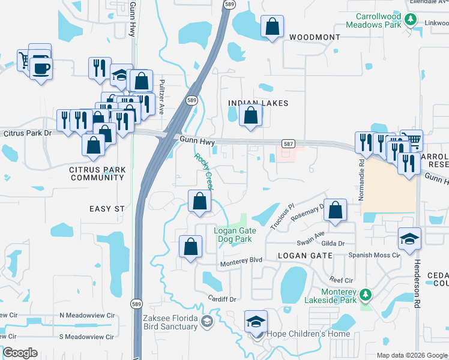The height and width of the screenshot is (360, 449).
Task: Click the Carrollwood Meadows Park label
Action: click(x=376, y=20)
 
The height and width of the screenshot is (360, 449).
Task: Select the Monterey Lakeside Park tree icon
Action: click(x=364, y=295)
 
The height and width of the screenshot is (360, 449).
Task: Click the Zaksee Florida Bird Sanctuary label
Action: click(x=170, y=322)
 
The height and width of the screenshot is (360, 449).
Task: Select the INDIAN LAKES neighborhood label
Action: click(x=258, y=103)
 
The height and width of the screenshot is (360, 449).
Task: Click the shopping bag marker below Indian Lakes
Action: click(x=251, y=116)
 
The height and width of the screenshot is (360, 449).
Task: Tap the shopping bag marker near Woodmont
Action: click(x=272, y=27)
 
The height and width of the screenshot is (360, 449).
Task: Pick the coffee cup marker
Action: click(x=41, y=68)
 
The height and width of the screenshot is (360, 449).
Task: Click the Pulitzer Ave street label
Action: click(x=161, y=100)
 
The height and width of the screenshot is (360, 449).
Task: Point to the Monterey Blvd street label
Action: click(x=241, y=260)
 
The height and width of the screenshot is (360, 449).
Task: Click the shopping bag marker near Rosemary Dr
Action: click(x=336, y=211)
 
